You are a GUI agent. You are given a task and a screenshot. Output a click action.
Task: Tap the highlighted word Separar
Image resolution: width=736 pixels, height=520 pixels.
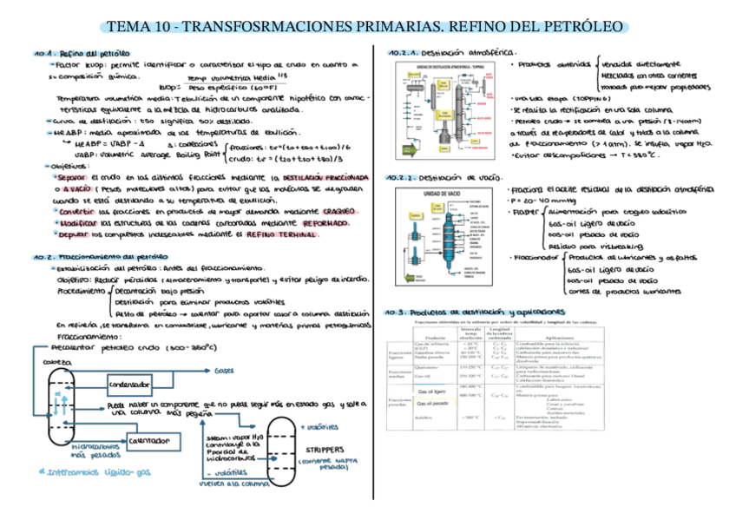coord(69,177)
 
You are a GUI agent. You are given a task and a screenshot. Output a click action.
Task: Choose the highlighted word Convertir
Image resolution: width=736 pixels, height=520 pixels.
coord(76,211)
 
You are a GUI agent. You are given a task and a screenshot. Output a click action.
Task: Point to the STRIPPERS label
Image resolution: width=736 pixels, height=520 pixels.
coord(325,450)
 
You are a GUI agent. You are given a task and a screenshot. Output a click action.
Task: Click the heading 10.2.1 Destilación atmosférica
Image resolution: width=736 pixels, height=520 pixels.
coord(451,53)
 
